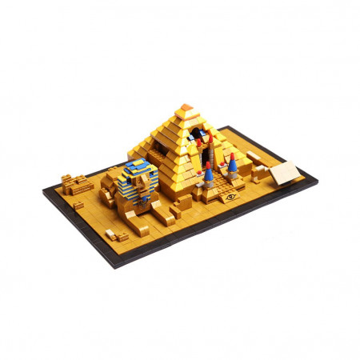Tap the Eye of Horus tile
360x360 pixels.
(x=232, y=195)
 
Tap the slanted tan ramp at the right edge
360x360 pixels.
(x=284, y=173)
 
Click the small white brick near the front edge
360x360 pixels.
(x=110, y=234)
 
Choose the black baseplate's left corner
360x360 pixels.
(x=44, y=192)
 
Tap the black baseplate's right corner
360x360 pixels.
(x=317, y=181)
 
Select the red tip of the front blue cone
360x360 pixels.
(x=208, y=163)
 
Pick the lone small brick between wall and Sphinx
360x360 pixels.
(x=78, y=205)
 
